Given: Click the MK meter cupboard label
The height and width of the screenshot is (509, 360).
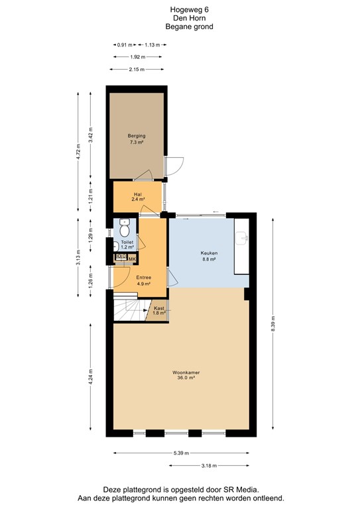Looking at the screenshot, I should click(132, 258).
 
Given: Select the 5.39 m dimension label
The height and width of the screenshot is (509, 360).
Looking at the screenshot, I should click(180, 453).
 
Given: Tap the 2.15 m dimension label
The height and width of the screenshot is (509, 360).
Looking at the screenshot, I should click(137, 70).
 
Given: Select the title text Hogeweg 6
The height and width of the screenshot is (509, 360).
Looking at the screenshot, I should click(180, 11).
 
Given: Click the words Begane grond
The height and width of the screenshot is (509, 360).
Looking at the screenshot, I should click(180, 27).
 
